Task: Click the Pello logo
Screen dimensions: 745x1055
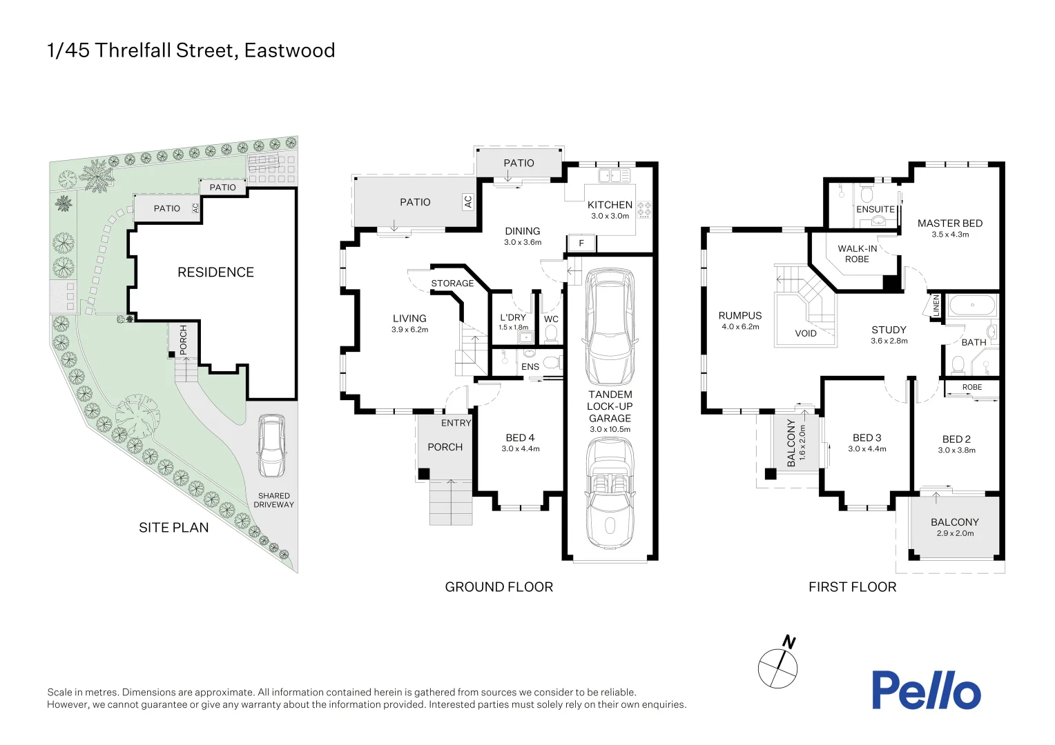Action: pos(925,690)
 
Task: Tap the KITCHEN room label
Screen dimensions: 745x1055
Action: pos(610,205)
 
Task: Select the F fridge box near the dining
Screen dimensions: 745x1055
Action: pos(581,244)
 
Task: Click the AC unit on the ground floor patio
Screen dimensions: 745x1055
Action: pos(468,201)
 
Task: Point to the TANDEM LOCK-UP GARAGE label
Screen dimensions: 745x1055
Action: pos(610,406)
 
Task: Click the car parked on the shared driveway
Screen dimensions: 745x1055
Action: pos(271,446)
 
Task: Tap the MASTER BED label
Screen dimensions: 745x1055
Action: pos(949,223)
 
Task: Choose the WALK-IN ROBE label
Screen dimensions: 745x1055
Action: pos(857,254)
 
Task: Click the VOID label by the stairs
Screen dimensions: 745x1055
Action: pos(805,334)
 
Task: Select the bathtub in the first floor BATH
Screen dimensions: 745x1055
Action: pos(972,304)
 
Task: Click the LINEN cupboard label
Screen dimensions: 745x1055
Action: pos(936,306)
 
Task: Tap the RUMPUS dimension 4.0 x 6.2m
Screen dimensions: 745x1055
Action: pos(740,327)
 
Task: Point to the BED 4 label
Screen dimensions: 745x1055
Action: pos(520,438)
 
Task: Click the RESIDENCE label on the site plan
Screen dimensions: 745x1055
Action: pos(215,272)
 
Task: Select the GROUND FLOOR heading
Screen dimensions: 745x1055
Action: pos(499,587)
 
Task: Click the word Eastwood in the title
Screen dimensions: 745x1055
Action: pos(289,50)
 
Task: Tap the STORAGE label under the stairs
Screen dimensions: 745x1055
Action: pos(452,284)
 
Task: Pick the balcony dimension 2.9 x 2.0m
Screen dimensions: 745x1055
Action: pos(955,533)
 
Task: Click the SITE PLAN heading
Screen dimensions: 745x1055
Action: pos(173,528)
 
